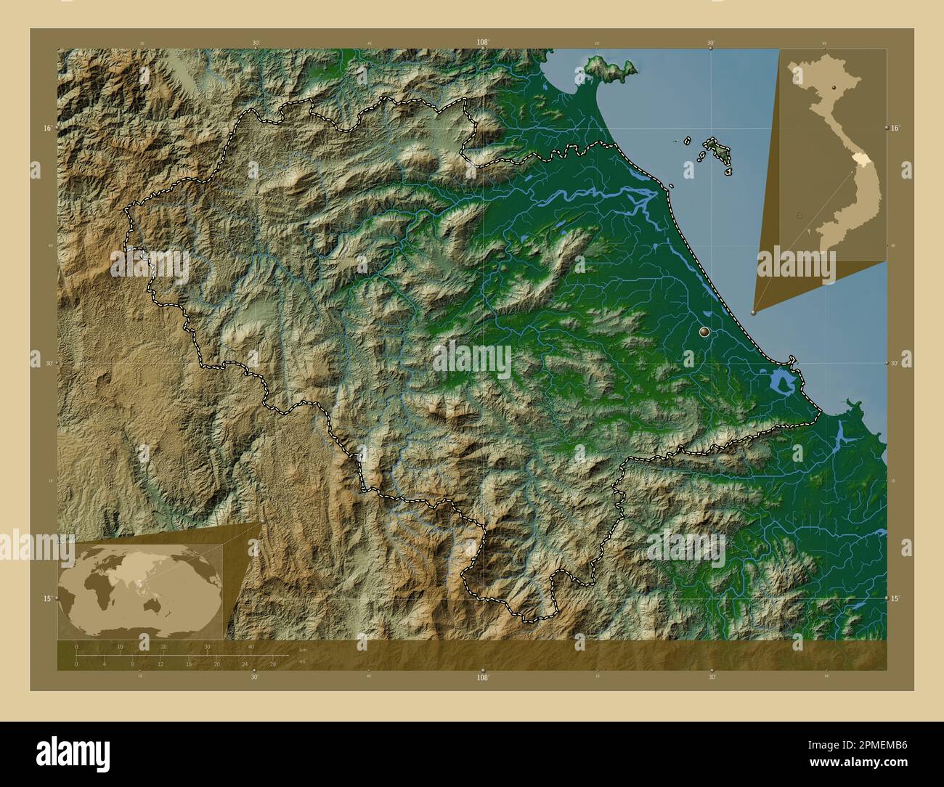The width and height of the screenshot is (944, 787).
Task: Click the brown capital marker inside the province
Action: point(703,332)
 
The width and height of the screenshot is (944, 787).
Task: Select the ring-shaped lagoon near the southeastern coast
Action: point(781,380)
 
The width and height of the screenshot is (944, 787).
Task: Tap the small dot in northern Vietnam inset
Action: point(834,86)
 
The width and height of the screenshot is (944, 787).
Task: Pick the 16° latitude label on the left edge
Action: point(46,129)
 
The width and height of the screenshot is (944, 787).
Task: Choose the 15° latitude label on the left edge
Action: point(46,598)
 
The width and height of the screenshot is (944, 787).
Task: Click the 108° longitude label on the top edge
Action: point(482,42)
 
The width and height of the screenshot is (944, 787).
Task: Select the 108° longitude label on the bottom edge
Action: point(482,677)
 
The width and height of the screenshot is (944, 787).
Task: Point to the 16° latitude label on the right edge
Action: point(895,129)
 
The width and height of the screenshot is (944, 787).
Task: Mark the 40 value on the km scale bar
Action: point(251,646)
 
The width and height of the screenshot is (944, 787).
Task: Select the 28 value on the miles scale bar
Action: point(272,664)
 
